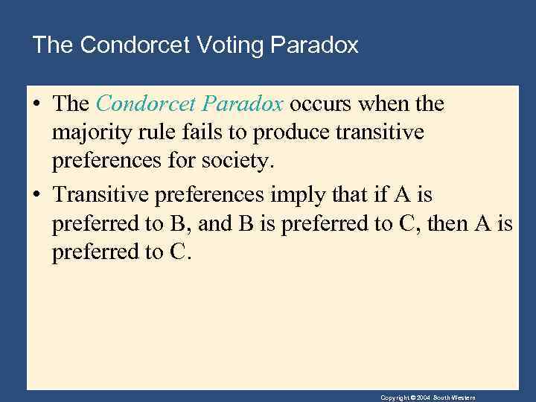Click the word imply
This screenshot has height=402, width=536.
[293, 195]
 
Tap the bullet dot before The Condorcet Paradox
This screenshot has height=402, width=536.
[36, 105]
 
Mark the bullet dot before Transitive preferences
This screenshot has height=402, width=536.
[36, 196]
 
